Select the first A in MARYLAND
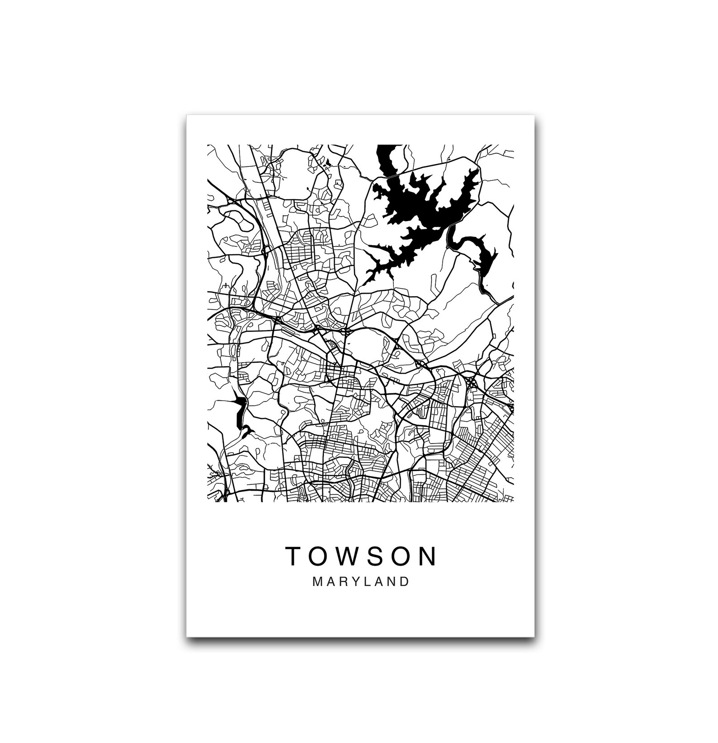coord(330,582)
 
